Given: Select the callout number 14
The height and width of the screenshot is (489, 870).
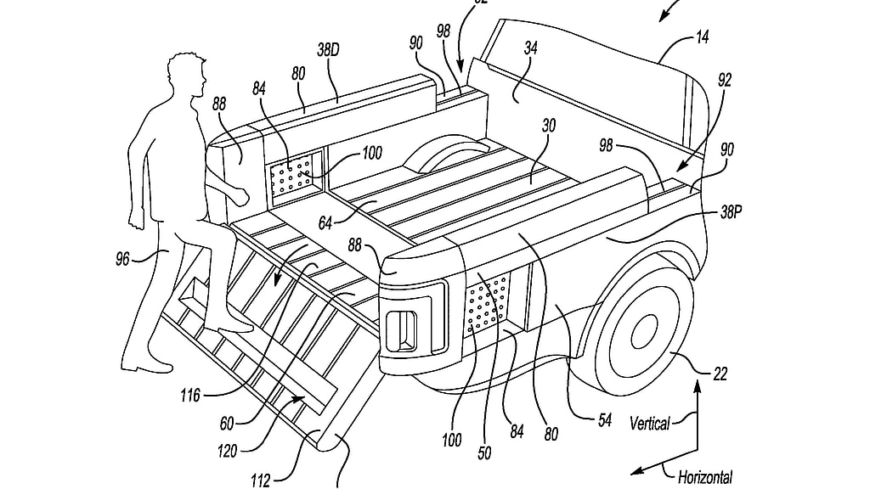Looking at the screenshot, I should click(x=702, y=38).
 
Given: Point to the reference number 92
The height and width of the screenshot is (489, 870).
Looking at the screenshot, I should click(x=724, y=81).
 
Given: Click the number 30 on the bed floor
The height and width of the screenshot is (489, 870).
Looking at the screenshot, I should click(x=550, y=124).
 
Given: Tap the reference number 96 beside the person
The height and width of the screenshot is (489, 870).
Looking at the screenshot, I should click(x=123, y=258).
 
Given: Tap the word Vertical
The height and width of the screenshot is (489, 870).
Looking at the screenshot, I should click(x=651, y=422).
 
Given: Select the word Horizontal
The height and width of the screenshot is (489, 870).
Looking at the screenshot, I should click(x=704, y=477).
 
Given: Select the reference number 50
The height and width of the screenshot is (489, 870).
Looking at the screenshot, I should click(x=484, y=452).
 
